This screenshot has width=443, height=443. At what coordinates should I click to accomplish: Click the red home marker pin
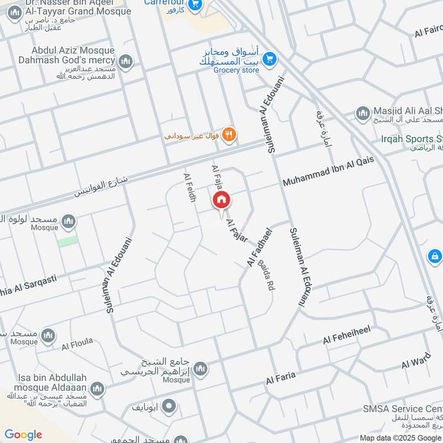pos(221,200)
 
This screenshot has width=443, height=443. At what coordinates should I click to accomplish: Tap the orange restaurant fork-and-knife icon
pos(229,135)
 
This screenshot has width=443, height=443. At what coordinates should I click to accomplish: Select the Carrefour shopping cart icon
pos(194,5)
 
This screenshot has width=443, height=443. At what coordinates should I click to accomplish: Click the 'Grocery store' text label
pos(236,70)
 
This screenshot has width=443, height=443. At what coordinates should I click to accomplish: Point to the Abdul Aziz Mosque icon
pos(126,60)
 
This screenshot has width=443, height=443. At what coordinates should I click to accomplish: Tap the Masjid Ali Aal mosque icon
pos(363,114)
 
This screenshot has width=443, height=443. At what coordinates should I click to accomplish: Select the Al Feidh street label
pos(189,187)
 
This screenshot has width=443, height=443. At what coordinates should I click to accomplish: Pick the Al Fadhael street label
pos(260,248)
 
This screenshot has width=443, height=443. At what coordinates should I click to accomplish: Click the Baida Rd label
pos(271,276)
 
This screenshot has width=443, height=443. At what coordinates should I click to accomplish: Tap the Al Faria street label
pos(280,378)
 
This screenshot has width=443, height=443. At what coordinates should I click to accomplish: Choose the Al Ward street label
pos(415,360)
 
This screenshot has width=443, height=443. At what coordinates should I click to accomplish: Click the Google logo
pos(23,435)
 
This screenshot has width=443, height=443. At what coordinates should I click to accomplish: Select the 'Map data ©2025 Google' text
pos(400,437)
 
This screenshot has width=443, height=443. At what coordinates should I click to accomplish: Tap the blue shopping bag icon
pos(435,257)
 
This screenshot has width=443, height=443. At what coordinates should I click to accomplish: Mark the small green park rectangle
pos(68,241)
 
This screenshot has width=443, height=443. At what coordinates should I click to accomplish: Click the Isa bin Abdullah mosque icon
pos(97,389)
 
